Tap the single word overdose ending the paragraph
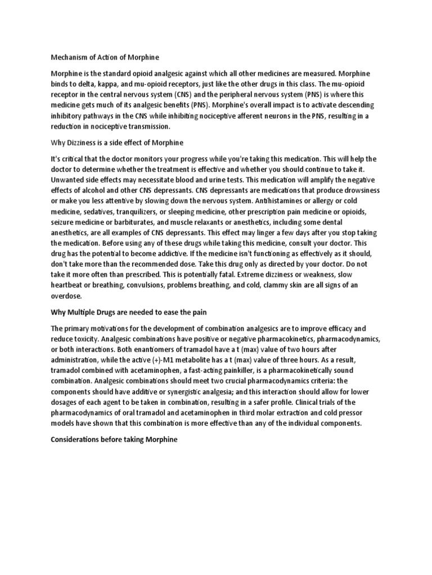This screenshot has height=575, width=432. click(x=66, y=296)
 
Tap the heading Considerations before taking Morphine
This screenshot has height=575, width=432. click(x=114, y=440)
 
